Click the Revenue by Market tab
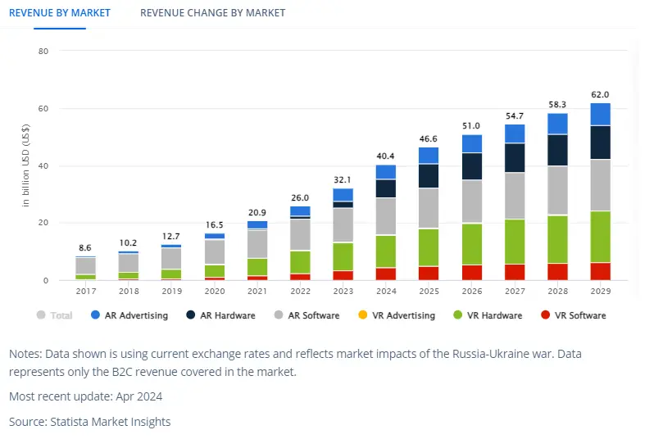(59, 13)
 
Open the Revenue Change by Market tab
(212, 13)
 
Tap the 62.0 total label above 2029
(600, 95)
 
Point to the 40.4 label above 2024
(386, 156)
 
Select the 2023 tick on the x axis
(343, 291)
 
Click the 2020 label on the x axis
(215, 291)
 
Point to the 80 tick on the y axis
(43, 51)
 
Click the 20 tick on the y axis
(43, 223)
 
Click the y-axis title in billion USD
(26, 165)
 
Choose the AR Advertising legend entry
(136, 315)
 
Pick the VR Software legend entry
(573, 315)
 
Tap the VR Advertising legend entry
(395, 315)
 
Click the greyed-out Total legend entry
(55, 315)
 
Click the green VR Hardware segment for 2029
(600, 237)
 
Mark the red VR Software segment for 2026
(471, 273)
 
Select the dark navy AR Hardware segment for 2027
(515, 158)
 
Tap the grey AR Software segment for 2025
(429, 209)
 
